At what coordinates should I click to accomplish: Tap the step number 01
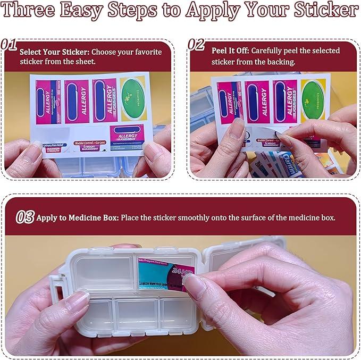pyautogui.click(x=10, y=45)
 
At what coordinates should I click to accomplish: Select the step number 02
pyautogui.click(x=196, y=45)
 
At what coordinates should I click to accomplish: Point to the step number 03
pyautogui.click(x=24, y=216)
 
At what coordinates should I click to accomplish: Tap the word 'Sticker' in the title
pyautogui.click(x=322, y=10)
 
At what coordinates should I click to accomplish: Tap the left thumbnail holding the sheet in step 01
pyautogui.click(x=33, y=152)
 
